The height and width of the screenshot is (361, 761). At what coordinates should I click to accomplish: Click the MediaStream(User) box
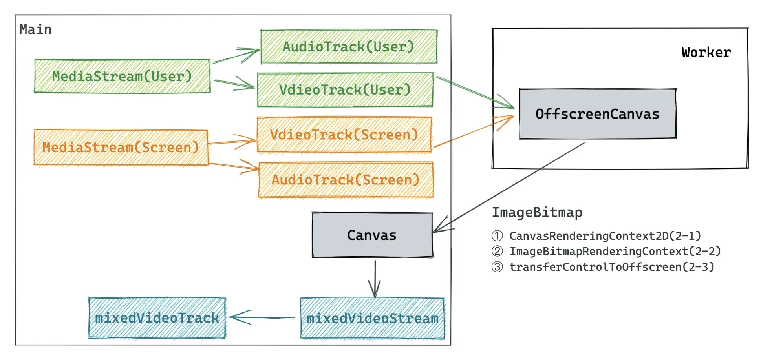click(x=122, y=76)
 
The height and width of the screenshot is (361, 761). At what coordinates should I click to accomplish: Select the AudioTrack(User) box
click(x=349, y=46)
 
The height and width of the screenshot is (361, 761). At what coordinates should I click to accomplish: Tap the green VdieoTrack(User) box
click(x=345, y=89)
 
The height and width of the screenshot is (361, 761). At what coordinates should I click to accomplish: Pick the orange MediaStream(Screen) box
click(x=121, y=148)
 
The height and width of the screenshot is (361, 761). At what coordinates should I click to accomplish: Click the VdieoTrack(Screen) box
click(x=344, y=135)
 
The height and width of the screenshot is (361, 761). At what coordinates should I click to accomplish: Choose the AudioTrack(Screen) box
click(x=346, y=180)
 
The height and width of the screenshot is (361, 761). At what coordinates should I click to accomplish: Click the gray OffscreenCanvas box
click(x=597, y=114)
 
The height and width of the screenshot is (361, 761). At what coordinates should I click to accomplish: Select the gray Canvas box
click(x=372, y=235)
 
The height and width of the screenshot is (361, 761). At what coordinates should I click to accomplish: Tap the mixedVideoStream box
click(x=372, y=318)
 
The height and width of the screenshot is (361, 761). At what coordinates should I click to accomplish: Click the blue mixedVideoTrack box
click(x=157, y=317)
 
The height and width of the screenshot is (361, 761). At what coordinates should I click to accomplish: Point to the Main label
click(x=35, y=29)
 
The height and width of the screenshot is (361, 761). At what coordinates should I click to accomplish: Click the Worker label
click(x=706, y=52)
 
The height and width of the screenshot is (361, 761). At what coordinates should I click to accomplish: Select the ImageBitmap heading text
click(x=537, y=212)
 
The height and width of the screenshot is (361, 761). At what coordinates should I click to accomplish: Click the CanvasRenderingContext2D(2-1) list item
click(x=605, y=236)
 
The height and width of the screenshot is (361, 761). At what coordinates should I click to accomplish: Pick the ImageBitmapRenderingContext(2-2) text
click(x=615, y=251)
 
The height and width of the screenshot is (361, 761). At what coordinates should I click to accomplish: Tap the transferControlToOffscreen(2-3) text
click(x=612, y=267)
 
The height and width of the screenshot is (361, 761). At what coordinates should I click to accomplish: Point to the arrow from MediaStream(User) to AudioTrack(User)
click(x=236, y=56)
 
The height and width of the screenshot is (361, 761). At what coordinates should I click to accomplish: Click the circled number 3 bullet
click(x=497, y=267)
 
